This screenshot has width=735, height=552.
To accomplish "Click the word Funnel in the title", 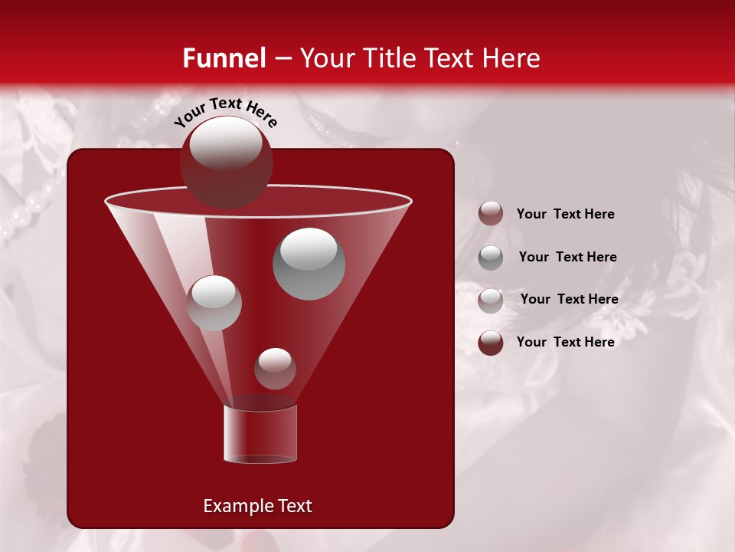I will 224,58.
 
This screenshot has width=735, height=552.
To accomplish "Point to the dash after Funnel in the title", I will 282,59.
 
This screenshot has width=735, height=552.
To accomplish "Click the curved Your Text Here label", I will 225,111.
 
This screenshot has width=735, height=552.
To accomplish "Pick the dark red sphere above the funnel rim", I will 226,162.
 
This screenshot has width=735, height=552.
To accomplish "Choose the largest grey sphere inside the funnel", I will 309,264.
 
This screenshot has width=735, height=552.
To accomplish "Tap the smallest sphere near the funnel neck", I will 275,369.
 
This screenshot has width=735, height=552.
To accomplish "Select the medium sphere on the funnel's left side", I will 214,303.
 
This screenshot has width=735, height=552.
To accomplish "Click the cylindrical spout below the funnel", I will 260,435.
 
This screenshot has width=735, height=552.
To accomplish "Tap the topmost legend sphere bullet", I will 491,214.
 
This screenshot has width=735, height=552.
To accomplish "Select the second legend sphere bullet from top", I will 491,258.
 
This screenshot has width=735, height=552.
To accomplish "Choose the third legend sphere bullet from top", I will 491,301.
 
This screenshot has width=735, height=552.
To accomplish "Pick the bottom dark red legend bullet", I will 491,343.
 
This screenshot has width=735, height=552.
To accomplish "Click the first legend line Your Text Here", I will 565,214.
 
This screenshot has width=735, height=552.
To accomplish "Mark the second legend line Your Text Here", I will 567,257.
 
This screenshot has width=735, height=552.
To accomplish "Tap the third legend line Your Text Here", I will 569,299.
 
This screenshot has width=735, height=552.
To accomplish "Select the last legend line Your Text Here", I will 565,342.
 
